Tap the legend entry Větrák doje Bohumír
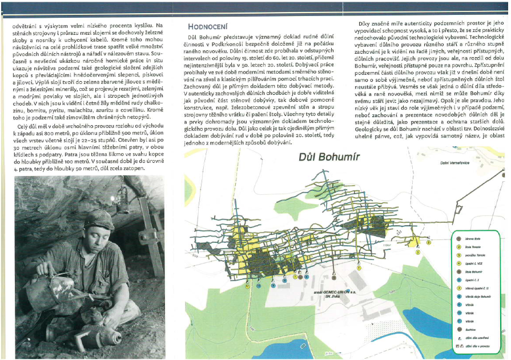(476, 297)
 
